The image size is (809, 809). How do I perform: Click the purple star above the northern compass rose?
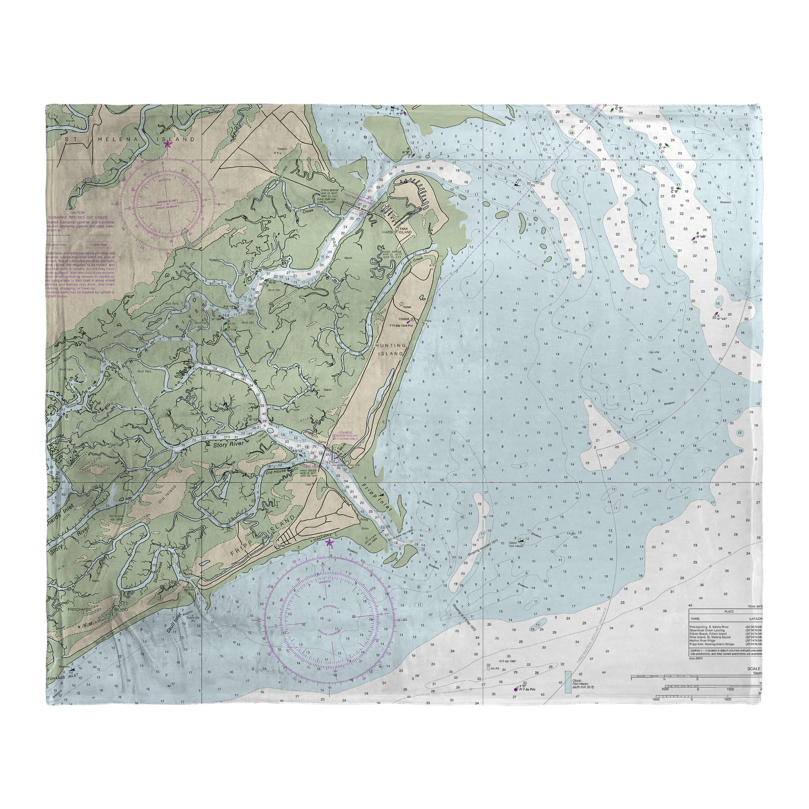tap(167, 144)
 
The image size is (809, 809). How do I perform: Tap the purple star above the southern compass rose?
tap(329, 543)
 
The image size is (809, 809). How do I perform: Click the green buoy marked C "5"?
tap(678, 188)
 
